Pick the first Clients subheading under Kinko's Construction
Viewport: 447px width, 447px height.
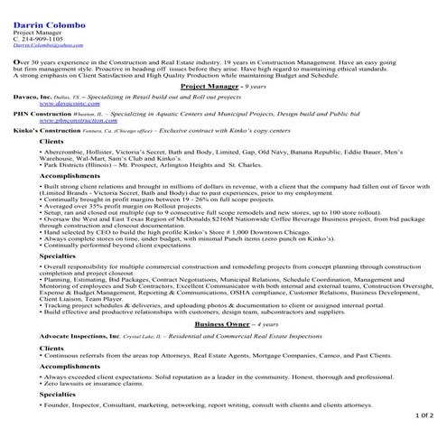click(x=51, y=144)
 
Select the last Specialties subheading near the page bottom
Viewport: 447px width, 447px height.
click(x=57, y=395)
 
